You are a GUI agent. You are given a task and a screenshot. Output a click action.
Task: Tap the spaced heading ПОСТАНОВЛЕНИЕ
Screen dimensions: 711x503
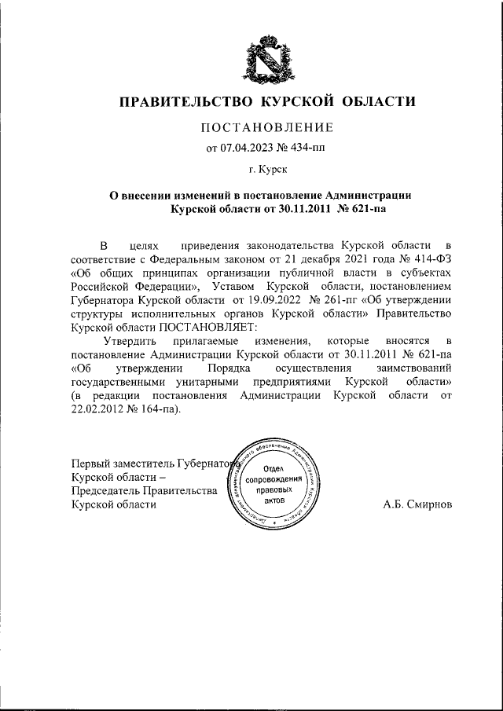pos(267,127)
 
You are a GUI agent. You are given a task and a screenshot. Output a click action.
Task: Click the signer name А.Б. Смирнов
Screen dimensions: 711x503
pos(417,504)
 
